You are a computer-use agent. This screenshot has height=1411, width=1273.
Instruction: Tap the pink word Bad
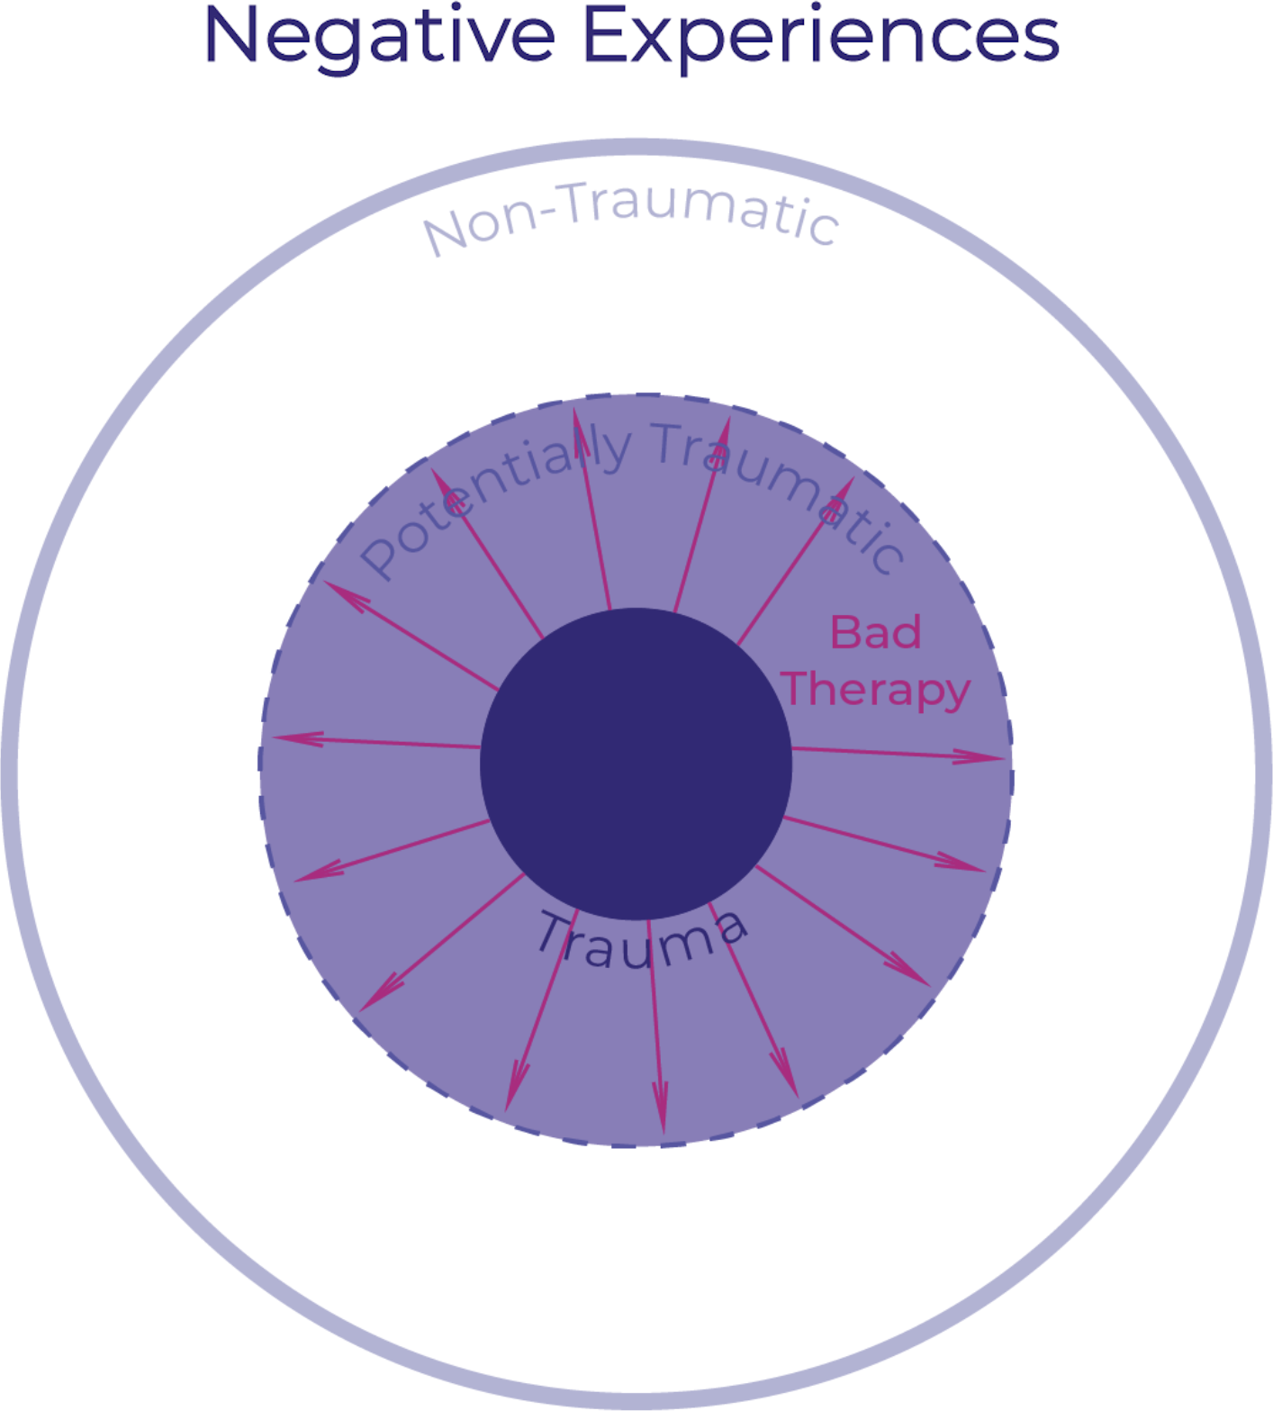(875, 632)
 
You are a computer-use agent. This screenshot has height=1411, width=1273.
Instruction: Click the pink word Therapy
(876, 691)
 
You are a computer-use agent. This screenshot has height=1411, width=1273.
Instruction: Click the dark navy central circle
(636, 764)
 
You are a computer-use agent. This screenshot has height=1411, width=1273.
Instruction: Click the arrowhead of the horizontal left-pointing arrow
(298, 738)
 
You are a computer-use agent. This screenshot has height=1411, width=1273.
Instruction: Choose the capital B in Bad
(846, 632)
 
